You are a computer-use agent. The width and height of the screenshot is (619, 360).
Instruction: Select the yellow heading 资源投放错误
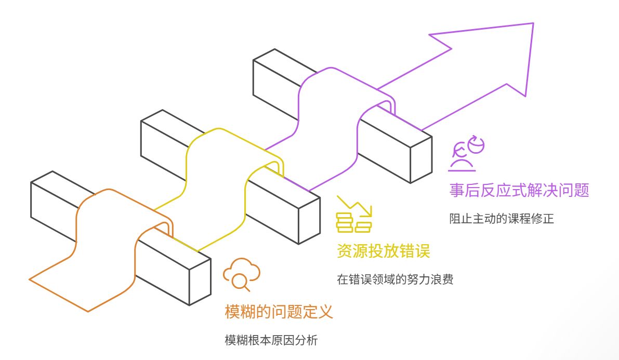383,252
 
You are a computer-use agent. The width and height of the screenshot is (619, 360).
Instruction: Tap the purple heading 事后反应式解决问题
519,190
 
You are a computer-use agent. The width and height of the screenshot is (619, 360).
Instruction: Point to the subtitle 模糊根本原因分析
271,341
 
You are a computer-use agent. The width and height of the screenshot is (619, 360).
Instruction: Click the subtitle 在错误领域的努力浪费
395,280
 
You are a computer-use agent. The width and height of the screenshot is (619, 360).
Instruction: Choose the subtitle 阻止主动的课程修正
501,219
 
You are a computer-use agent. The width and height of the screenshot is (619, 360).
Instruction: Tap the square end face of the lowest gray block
200,282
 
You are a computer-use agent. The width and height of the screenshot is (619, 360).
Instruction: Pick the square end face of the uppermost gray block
421,160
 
